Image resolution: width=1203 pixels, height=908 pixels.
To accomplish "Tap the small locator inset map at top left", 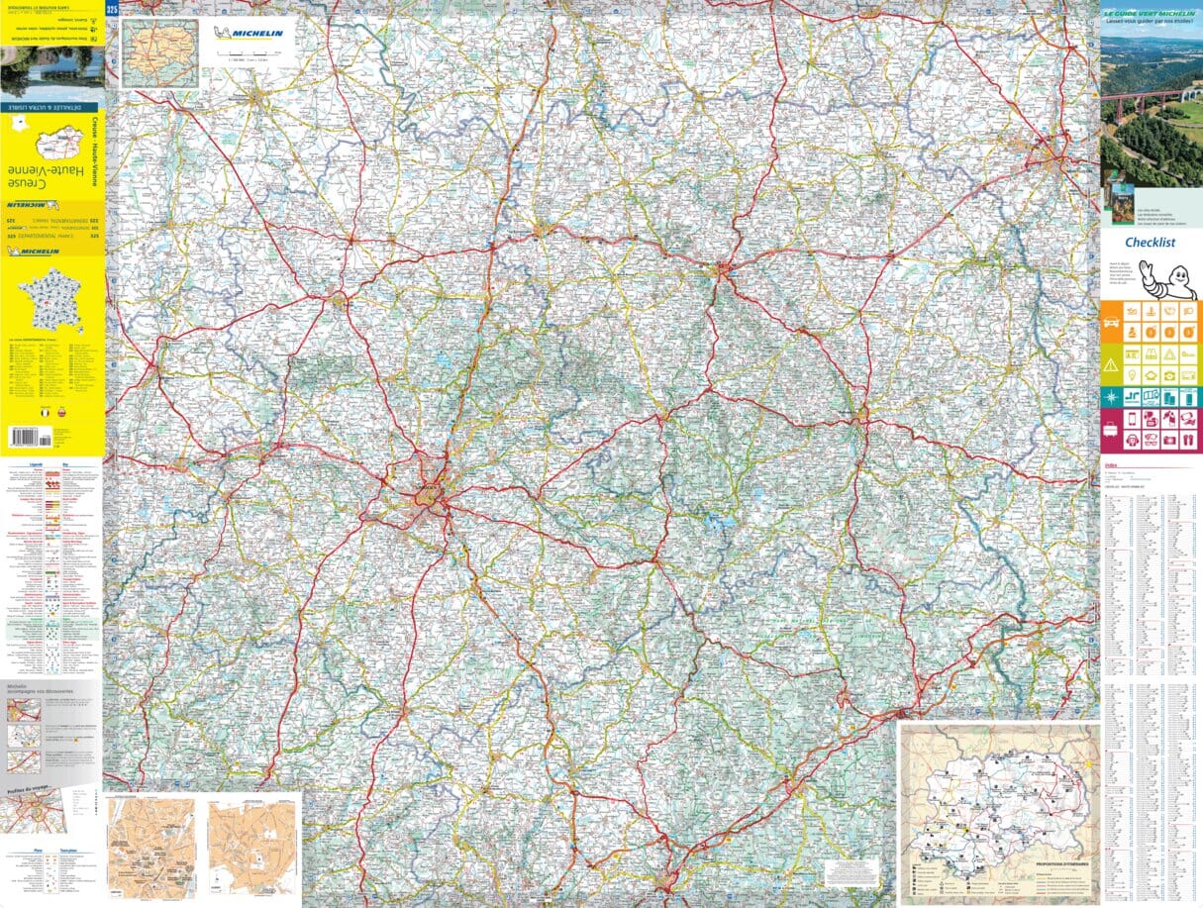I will pyautogui.click(x=159, y=53).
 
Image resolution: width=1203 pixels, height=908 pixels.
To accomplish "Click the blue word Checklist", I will pyautogui.click(x=1150, y=243).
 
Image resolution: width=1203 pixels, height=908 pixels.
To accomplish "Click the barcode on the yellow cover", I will pyautogui.click(x=25, y=434).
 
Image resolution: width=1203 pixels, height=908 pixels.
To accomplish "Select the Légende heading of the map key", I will pyautogui.click(x=26, y=463).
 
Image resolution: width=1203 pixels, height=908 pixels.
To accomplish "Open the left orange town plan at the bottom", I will pyautogui.click(x=150, y=847).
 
